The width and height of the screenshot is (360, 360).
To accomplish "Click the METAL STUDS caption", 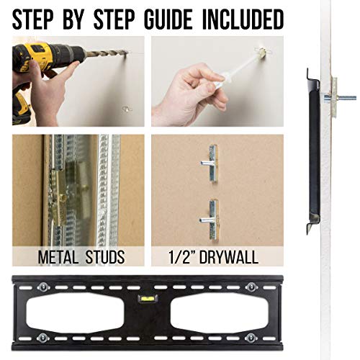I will [x=77, y=256].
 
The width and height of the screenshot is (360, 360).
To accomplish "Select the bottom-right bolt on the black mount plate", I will [x=251, y=338].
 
